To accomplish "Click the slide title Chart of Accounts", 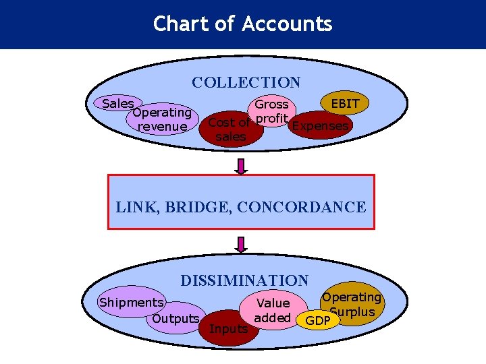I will (x=242, y=24).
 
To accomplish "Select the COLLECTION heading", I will (x=246, y=83).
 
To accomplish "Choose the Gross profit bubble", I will (x=271, y=109).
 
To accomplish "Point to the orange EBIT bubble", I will (x=345, y=104).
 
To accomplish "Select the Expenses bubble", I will (x=319, y=126).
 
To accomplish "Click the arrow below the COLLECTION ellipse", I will (x=242, y=164).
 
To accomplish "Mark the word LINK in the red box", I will (x=134, y=207).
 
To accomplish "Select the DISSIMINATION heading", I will (x=244, y=280).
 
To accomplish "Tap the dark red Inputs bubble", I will (x=229, y=329).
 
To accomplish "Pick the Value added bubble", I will (x=273, y=311).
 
